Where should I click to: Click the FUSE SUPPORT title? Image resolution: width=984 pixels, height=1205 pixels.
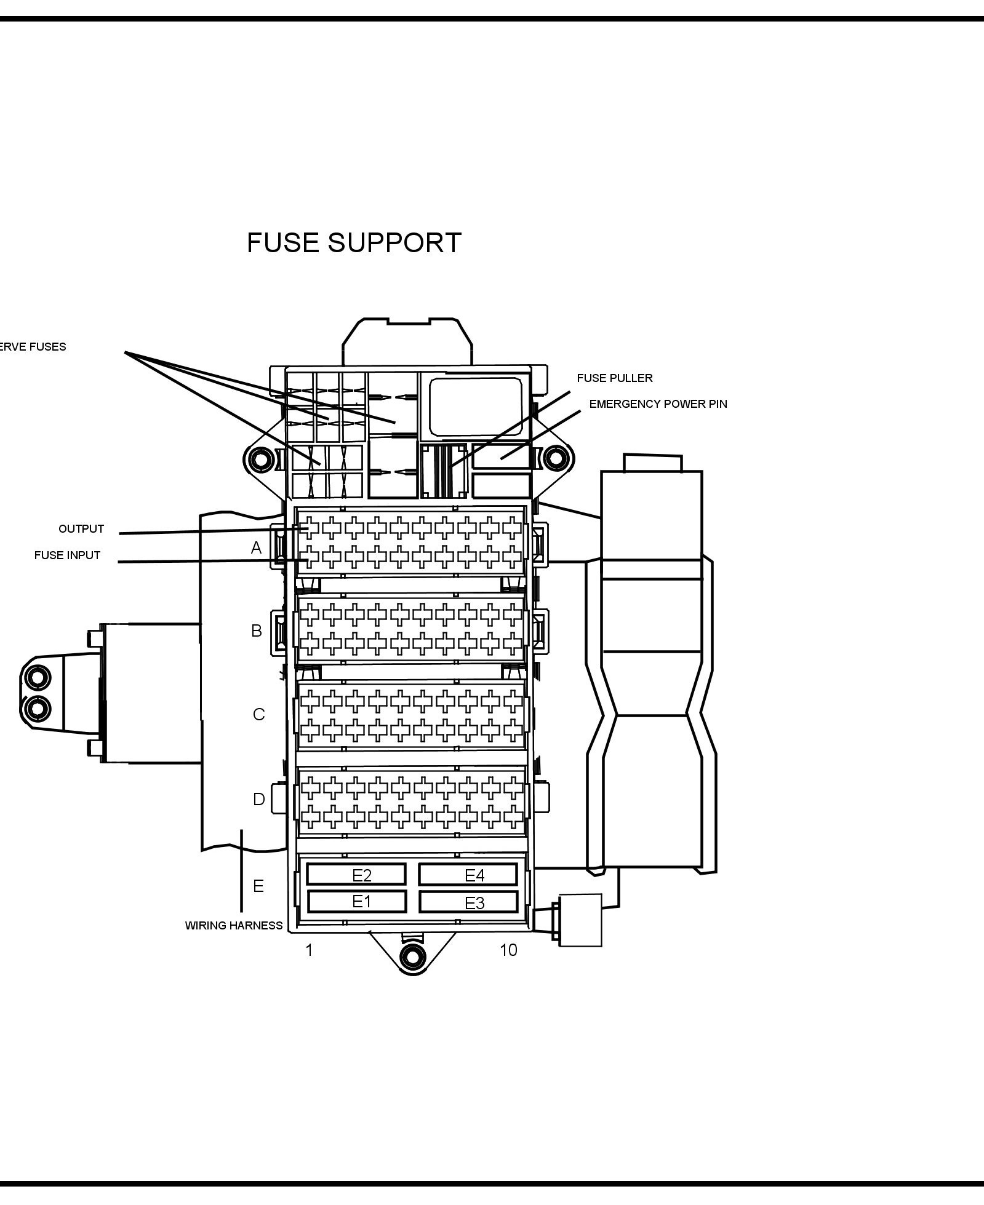(354, 243)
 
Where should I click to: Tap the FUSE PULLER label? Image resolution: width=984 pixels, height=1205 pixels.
(614, 378)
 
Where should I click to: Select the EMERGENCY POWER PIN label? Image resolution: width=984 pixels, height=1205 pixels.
(658, 404)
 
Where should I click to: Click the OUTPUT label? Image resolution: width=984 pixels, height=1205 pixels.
(81, 529)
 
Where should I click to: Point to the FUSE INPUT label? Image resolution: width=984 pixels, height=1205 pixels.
(67, 555)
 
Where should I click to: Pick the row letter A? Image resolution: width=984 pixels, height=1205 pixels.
(257, 547)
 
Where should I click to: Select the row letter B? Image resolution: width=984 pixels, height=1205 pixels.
(257, 630)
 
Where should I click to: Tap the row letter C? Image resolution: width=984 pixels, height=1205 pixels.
(258, 714)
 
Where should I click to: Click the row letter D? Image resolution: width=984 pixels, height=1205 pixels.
(258, 799)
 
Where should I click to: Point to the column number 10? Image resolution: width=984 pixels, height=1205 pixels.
(508, 950)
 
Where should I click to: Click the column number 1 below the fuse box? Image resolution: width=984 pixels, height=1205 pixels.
(309, 950)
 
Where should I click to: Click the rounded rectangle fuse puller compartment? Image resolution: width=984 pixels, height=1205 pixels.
(475, 406)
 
